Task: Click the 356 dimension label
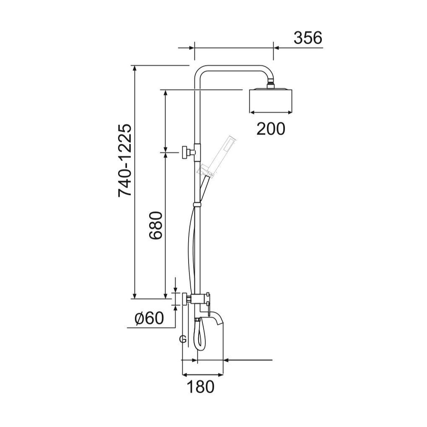click(x=308, y=38)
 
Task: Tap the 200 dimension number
click(x=271, y=129)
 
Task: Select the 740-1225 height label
click(x=125, y=160)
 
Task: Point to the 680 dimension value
click(x=156, y=225)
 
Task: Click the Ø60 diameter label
click(x=149, y=318)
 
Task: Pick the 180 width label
click(x=201, y=387)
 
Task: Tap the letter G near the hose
click(x=183, y=339)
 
